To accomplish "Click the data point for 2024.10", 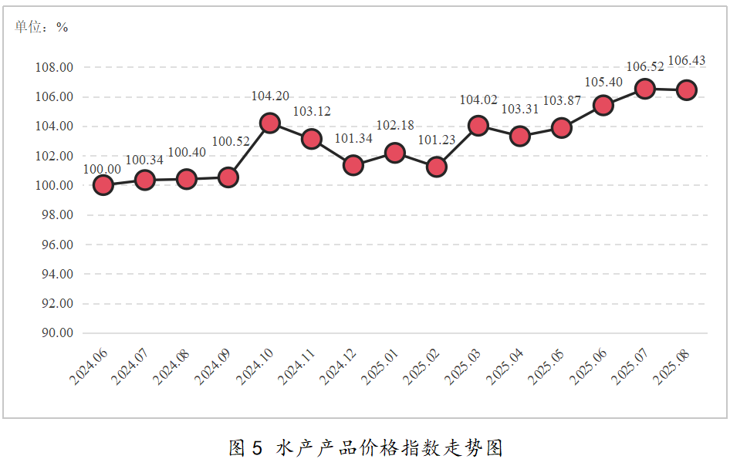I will [x=269, y=123].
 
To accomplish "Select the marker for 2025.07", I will [x=644, y=89].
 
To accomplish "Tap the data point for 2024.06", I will [x=103, y=184].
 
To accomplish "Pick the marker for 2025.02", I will [x=436, y=167].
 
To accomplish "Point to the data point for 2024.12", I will [x=353, y=165].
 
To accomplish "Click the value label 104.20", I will [x=270, y=96].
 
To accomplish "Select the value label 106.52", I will [x=645, y=67].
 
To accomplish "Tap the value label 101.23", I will [x=436, y=140].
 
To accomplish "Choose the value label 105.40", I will [x=603, y=82].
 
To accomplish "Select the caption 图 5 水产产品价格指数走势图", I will [x=366, y=447].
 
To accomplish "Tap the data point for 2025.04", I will [x=519, y=137].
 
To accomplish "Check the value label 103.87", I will [x=562, y=101].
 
